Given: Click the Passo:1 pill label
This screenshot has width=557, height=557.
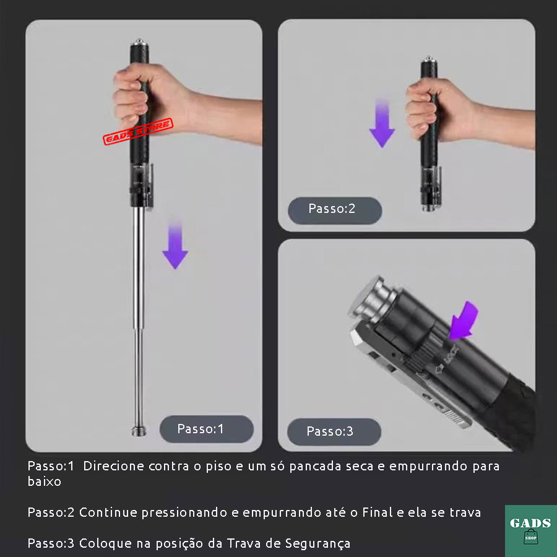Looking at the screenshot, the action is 206,429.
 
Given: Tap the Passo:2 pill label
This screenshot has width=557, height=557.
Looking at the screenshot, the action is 335,210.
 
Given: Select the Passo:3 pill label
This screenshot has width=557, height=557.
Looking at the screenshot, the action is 334,431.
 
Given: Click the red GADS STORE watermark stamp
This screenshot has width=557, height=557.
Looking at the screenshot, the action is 138,131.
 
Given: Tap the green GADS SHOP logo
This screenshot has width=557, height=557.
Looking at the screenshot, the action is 531,531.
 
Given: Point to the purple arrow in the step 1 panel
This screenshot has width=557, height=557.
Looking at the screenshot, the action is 175,244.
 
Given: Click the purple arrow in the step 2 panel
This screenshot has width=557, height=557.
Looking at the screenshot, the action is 382,123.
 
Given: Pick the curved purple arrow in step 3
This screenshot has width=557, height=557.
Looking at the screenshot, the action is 462,321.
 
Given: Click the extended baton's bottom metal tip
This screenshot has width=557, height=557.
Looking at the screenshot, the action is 139,431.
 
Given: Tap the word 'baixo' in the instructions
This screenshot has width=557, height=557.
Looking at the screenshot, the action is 45,481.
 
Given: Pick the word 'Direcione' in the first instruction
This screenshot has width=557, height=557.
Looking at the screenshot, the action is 113,466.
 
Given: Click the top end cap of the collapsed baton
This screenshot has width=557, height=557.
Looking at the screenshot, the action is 429,60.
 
